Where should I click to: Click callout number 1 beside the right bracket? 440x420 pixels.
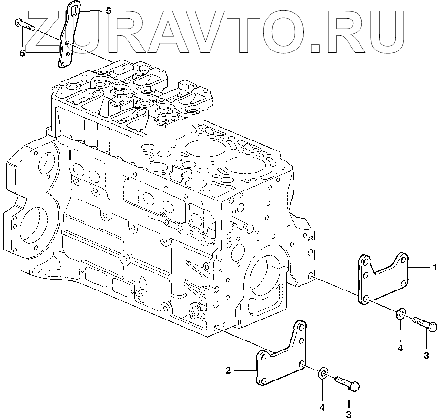pos(435,268)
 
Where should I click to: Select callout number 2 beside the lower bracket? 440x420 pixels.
pos(229,370)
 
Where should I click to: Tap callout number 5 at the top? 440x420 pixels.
pos(109,11)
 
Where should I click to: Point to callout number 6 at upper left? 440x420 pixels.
pos(23,53)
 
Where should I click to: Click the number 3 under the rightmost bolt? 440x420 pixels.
pos(426,355)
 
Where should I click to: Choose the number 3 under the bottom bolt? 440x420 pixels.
pos(349,414)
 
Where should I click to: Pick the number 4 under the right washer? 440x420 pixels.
pos(400,349)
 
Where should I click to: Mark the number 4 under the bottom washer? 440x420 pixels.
pos(323,407)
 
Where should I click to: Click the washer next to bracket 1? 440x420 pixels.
pos(400,314)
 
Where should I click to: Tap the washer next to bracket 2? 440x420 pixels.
pos(323,372)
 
